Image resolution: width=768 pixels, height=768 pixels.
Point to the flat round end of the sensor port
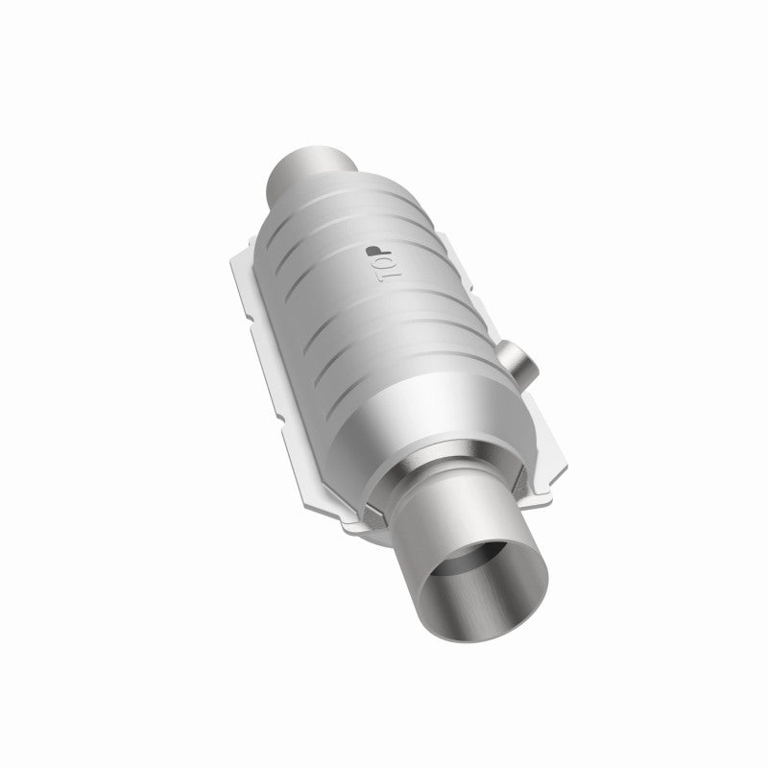531,369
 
